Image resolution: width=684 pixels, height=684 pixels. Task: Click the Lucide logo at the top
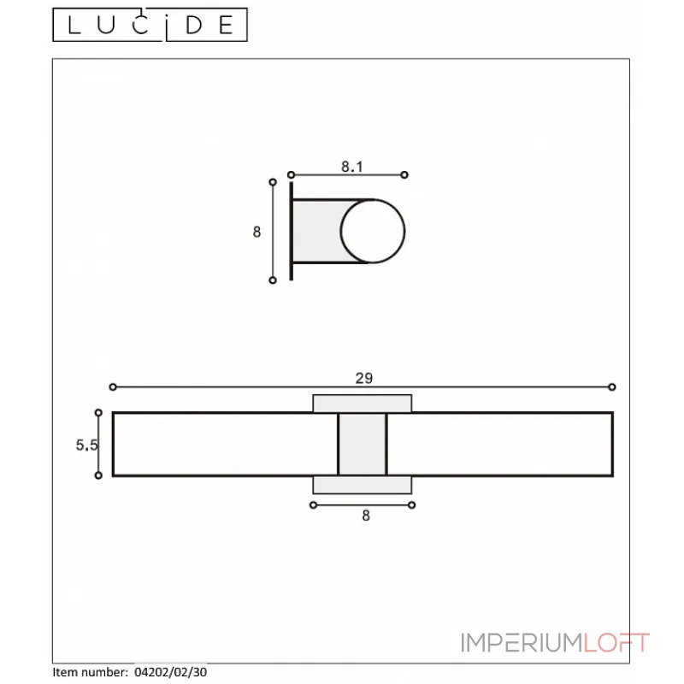pyautogui.click(x=150, y=25)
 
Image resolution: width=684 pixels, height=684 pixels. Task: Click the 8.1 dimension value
pyautogui.click(x=352, y=167)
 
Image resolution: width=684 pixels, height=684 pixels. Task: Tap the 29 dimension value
pyautogui.click(x=364, y=378)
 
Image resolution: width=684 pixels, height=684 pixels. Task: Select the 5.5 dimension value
pyautogui.click(x=86, y=445)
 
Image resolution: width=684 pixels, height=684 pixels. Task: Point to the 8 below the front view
pyautogui.click(x=366, y=516)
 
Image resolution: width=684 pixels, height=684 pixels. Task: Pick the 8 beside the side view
pyautogui.click(x=257, y=232)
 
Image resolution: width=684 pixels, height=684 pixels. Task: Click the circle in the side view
pyautogui.click(x=373, y=199)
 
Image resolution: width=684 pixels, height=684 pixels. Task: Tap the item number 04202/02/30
pyautogui.click(x=170, y=672)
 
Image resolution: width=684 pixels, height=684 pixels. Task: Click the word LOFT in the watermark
pyautogui.click(x=616, y=643)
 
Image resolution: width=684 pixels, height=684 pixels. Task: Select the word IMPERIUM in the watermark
pyautogui.click(x=522, y=643)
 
